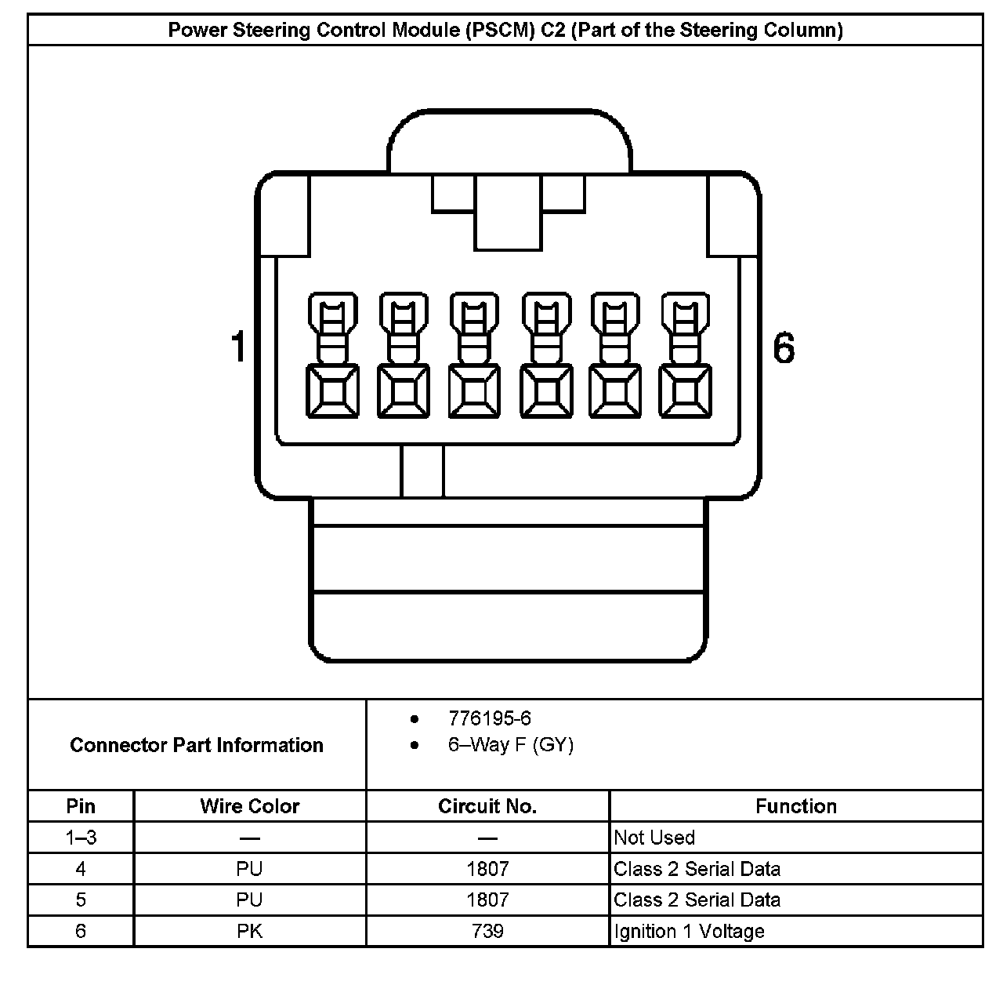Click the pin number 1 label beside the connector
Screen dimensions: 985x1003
click(x=239, y=347)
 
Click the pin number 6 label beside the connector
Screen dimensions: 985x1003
click(x=784, y=347)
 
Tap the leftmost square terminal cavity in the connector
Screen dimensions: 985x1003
click(x=333, y=391)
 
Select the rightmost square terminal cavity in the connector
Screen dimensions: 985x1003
click(x=686, y=391)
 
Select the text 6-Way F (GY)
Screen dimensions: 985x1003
click(x=510, y=745)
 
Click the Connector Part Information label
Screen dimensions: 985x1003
click(x=197, y=745)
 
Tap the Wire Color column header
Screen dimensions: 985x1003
click(x=250, y=806)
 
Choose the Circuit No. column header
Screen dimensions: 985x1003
click(x=487, y=806)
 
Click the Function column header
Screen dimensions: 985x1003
click(x=796, y=806)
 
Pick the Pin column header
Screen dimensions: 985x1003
click(x=81, y=806)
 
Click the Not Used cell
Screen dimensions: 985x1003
click(x=654, y=838)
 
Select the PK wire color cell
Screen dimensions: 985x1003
click(x=250, y=932)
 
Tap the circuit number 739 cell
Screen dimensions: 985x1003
click(x=487, y=932)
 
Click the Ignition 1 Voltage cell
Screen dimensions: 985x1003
click(x=689, y=932)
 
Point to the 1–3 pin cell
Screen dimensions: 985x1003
click(x=81, y=838)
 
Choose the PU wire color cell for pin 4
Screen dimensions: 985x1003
click(x=250, y=869)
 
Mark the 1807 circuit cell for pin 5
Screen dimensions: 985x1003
click(x=487, y=900)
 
